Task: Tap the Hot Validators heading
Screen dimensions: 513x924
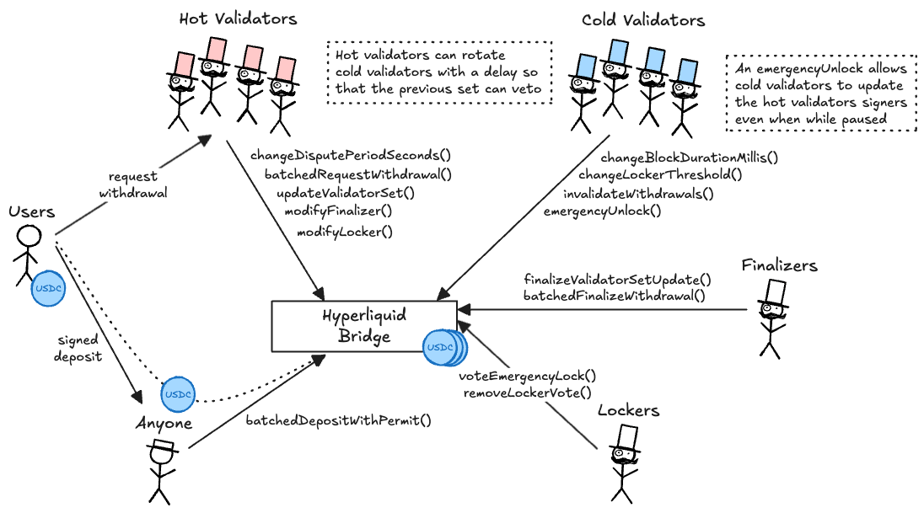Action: [238, 19]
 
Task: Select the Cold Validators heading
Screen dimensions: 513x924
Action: [642, 20]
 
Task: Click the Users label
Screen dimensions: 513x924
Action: [32, 211]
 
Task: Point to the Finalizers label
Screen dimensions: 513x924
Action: [779, 265]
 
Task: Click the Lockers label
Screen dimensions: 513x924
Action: [628, 411]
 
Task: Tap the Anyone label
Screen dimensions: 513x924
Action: [164, 424]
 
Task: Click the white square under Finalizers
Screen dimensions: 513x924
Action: [776, 291]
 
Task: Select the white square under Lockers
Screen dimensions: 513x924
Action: [627, 437]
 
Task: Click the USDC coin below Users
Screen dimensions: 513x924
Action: [47, 289]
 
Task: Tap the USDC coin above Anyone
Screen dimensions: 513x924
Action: [178, 394]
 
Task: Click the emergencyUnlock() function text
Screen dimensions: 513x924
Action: [602, 211]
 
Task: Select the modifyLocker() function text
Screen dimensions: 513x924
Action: [345, 231]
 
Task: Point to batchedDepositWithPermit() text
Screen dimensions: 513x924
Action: [338, 419]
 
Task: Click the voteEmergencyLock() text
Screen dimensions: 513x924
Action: [528, 376]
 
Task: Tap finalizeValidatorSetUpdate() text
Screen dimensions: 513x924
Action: [617, 279]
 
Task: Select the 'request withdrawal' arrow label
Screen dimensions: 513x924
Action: [133, 185]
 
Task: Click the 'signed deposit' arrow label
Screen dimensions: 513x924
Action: [79, 348]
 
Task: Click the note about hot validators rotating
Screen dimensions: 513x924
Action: [439, 72]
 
